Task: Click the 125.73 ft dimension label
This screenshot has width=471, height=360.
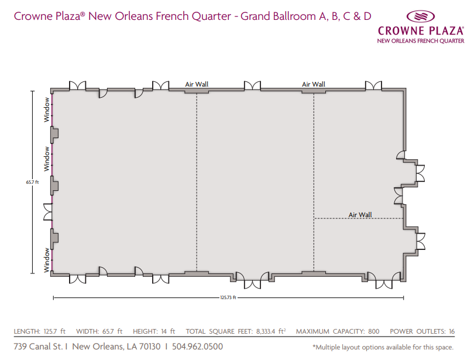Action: [228, 297]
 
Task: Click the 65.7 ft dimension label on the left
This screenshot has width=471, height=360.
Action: [32, 182]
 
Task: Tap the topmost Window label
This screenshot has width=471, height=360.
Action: [47, 109]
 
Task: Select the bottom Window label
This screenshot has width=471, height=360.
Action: [47, 260]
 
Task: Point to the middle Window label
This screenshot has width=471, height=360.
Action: [47, 159]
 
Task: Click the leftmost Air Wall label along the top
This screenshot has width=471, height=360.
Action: [197, 84]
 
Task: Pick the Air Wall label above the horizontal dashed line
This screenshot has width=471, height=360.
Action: [360, 215]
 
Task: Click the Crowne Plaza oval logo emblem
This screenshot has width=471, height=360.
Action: [421, 16]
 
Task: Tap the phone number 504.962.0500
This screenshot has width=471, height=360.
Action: [197, 347]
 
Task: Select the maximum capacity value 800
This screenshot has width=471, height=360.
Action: [374, 331]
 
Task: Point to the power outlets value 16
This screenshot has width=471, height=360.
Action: [452, 331]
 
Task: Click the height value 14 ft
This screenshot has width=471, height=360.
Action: [168, 331]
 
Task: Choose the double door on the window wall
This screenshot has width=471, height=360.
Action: [48, 212]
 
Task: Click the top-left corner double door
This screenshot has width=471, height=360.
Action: [77, 85]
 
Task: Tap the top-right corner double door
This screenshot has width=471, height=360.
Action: [373, 85]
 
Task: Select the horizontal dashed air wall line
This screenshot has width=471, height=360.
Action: [358, 218]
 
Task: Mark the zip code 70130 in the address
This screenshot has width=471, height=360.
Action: [150, 347]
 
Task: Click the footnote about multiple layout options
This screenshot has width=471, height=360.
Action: [383, 347]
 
